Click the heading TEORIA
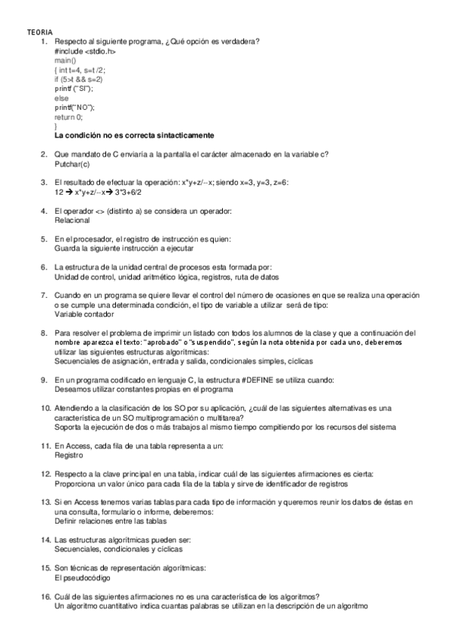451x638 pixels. (x=40, y=32)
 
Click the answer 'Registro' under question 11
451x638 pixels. (x=69, y=454)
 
